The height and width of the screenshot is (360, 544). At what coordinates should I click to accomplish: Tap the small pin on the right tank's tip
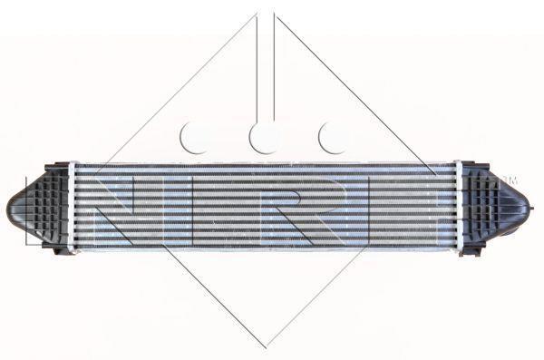tap(531, 209)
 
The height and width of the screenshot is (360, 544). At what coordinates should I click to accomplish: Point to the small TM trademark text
tap(513, 180)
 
